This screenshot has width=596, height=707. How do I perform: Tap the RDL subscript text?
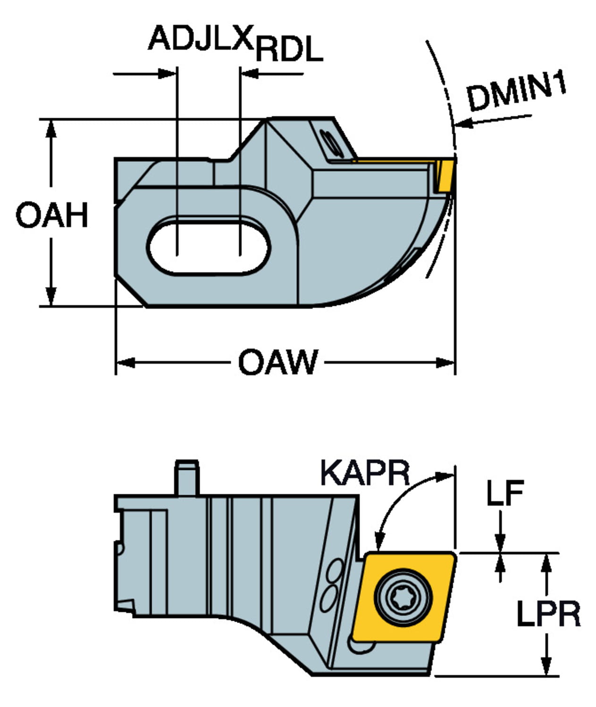point(289,49)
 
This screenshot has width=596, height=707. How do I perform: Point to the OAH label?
point(52,215)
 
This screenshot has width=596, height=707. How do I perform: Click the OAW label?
point(278,362)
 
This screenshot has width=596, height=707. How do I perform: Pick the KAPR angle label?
point(365,473)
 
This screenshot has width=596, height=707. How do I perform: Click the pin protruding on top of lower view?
point(186,477)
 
